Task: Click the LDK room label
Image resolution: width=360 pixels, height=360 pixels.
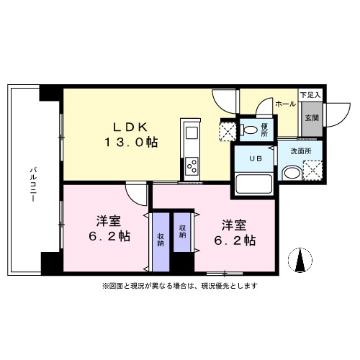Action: pos(130,127)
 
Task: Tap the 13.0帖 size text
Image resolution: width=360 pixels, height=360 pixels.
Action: pos(131,143)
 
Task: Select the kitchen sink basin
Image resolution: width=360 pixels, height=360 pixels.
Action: pos(192,132)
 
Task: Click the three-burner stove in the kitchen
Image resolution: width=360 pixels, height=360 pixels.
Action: pos(192,166)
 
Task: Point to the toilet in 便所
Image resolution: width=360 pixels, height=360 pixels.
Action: pos(250,130)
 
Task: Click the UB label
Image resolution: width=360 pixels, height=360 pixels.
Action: pos(256,158)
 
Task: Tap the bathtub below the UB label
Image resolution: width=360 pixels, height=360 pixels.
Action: pos(254,184)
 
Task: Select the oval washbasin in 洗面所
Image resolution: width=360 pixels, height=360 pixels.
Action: pos(292,173)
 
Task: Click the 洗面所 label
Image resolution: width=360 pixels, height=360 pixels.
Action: pos(301,151)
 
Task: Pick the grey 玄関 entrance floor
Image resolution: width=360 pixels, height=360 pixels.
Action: pos(312,120)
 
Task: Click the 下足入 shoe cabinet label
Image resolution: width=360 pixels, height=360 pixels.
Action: pos(310,95)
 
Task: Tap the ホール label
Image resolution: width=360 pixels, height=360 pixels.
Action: pos(285,104)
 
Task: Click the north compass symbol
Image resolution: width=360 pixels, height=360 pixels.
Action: pos(300,261)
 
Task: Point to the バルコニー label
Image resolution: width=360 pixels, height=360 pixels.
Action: pos(33,185)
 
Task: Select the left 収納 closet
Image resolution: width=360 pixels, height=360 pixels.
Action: pos(161,242)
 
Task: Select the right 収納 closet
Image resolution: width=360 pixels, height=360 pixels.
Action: pos(182,232)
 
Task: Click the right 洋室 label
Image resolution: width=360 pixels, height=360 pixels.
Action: pos(234,225)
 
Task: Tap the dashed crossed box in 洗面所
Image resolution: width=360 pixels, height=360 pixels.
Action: pos(312,171)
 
